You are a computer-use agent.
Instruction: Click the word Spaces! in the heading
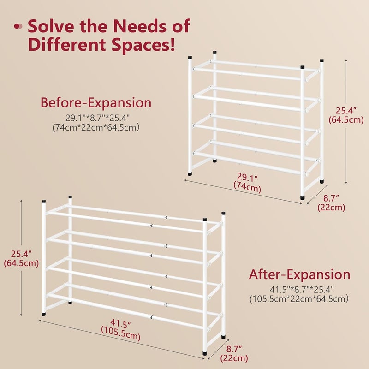(x=143, y=44)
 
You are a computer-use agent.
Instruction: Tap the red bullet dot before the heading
(x=17, y=26)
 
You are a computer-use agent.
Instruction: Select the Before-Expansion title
(x=96, y=102)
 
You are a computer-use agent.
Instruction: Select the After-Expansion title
(x=299, y=274)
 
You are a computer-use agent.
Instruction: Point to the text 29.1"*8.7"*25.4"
(x=97, y=118)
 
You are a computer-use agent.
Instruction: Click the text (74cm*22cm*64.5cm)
(x=96, y=127)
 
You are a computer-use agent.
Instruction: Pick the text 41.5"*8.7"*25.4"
(x=302, y=289)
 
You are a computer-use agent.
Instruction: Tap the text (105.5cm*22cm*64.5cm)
(x=299, y=299)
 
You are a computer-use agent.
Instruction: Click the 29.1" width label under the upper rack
(x=247, y=177)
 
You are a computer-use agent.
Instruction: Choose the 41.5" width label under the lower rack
(x=120, y=324)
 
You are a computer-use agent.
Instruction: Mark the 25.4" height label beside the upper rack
(x=345, y=110)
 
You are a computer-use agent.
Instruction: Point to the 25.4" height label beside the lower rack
(x=21, y=254)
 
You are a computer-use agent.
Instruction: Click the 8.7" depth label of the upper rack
(x=331, y=198)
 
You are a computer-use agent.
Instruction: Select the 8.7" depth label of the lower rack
(x=234, y=349)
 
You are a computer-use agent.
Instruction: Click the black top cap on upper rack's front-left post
(x=190, y=57)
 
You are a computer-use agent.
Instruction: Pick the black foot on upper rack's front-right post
(x=303, y=198)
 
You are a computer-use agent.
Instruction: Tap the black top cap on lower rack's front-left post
(x=44, y=202)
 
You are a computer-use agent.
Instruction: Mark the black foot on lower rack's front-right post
(x=205, y=353)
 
